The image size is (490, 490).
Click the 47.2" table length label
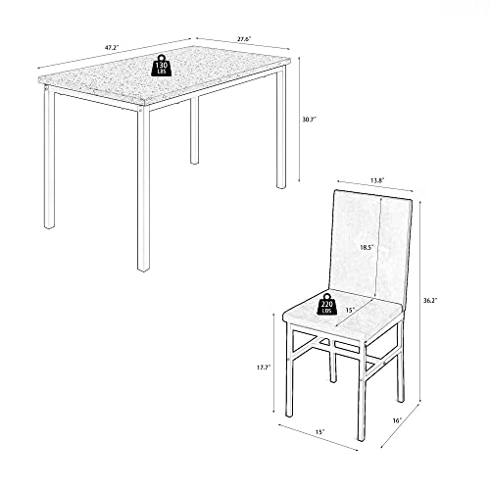112,47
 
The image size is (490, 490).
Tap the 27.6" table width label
244,39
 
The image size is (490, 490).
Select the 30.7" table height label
309,120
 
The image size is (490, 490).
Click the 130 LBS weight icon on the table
162,66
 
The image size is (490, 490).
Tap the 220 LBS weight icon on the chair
327,304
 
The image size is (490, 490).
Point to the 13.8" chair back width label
377,180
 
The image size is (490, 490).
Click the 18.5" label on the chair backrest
367,247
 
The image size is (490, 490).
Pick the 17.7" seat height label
264,367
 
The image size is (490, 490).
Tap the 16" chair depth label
397,420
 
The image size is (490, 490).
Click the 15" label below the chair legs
320,431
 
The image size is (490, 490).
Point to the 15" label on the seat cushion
350,310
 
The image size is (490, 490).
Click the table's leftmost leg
49,157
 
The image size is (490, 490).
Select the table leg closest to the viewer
143,188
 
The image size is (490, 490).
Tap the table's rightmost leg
281,127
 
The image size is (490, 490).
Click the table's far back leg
194,130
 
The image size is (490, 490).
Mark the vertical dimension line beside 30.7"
299,120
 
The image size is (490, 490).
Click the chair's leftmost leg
289,369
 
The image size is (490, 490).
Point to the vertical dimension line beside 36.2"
420,301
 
